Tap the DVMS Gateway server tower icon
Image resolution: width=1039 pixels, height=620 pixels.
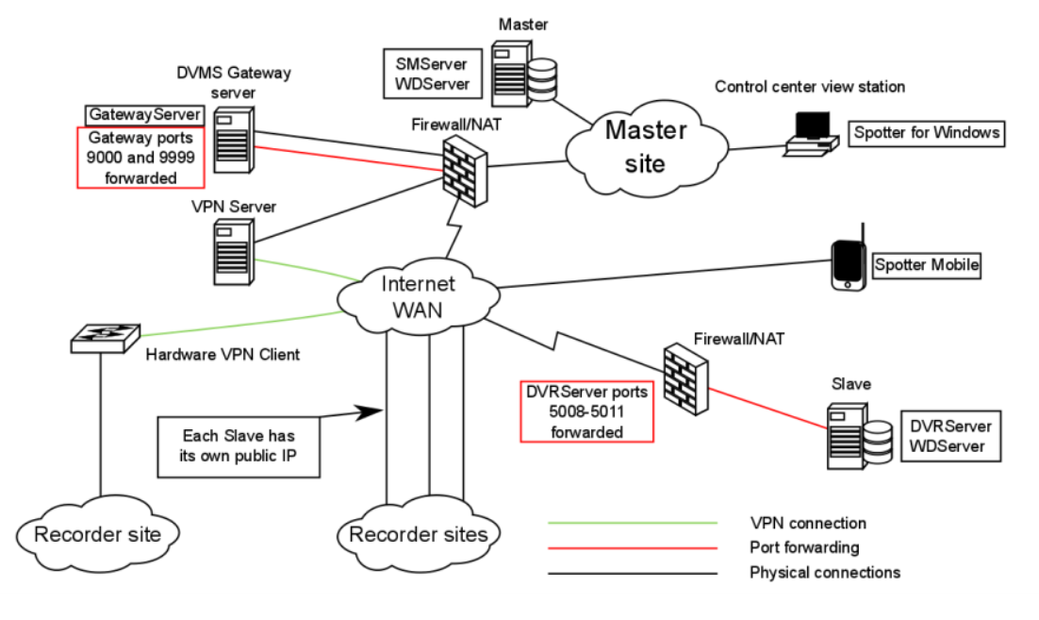pyautogui.click(x=233, y=139)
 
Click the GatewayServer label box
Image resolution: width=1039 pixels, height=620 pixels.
pyautogui.click(x=144, y=114)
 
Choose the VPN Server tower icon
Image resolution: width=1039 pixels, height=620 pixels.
pyautogui.click(x=231, y=251)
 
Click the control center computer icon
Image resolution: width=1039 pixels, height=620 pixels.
pyautogui.click(x=810, y=132)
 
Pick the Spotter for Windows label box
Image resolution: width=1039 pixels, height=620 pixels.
pyautogui.click(x=926, y=133)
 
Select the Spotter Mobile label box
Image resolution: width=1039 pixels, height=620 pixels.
pyautogui.click(x=927, y=266)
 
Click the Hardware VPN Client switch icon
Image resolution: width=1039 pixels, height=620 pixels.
pyautogui.click(x=105, y=337)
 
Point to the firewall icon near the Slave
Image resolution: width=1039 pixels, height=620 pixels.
pyautogui.click(x=684, y=375)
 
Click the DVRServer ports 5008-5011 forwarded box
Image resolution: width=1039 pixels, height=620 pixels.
pyautogui.click(x=587, y=411)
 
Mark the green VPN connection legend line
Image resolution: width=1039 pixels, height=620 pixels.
pyautogui.click(x=633, y=522)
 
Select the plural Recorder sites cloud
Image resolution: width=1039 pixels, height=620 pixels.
pyautogui.click(x=419, y=535)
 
